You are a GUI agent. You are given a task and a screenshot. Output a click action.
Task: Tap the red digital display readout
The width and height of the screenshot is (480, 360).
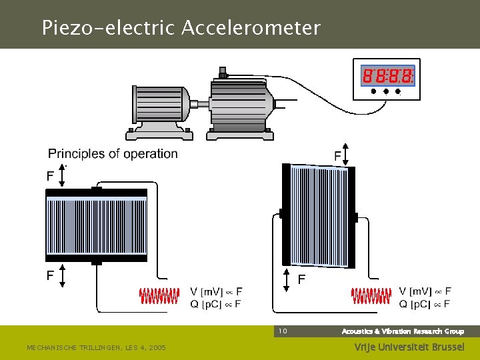pos(387,76)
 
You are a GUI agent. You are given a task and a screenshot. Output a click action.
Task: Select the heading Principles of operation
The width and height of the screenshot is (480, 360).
pos(113,154)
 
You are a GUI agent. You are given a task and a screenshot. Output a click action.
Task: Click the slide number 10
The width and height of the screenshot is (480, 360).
pos(283,331)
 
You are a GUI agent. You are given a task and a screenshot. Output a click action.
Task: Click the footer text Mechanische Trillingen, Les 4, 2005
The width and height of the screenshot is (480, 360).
pos(96,347)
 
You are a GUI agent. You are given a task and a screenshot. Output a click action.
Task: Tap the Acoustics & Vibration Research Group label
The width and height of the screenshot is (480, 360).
pos(403,331)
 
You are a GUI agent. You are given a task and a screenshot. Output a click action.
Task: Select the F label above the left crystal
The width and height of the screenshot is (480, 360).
pos(51,177)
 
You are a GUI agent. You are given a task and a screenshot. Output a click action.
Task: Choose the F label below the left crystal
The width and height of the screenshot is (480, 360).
pos(51,275)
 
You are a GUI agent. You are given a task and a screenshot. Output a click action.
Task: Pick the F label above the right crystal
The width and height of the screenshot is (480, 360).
pos(338,156)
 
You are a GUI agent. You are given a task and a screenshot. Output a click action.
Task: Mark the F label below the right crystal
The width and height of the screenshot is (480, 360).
pos(301,279)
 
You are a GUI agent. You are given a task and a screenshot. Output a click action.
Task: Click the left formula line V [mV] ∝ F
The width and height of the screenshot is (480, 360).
pos(216,291)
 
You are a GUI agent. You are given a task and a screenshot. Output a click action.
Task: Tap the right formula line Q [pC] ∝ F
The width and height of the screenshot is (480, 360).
pos(425,305)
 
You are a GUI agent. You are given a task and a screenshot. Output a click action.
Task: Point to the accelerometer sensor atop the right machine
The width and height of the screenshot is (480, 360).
pos(223,72)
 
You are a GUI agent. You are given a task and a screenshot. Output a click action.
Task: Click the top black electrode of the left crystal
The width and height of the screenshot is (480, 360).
pos(96,193)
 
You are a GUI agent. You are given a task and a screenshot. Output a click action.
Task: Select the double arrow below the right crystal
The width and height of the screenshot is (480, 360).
pos(287,280)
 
